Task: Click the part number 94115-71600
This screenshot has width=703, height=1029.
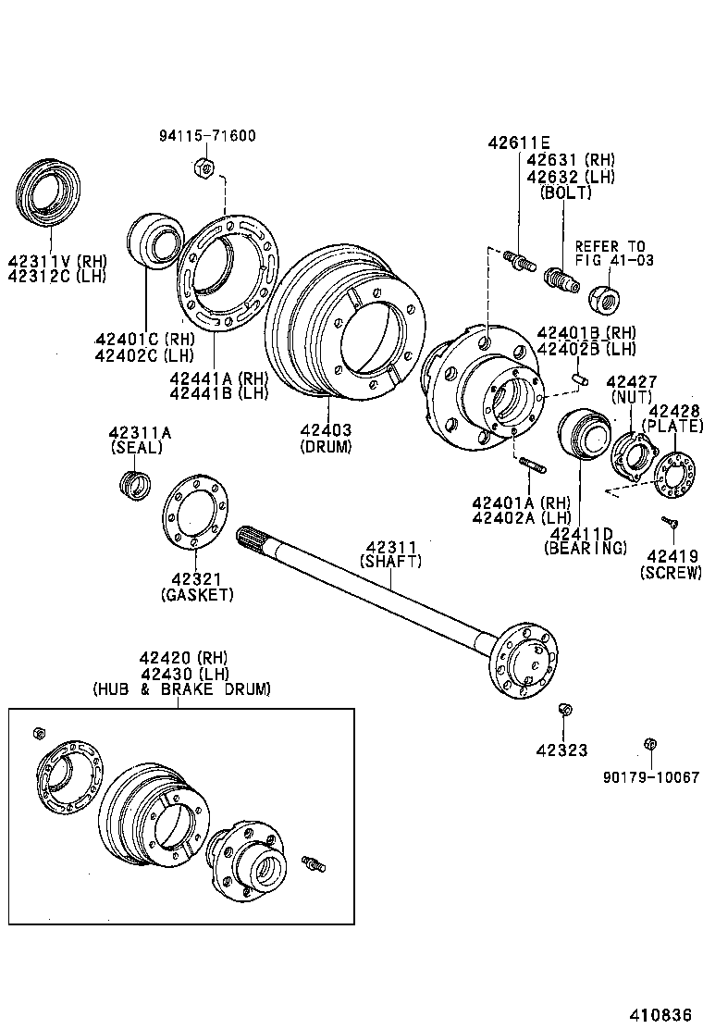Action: (x=207, y=136)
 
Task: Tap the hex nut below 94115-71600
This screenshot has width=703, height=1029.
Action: (x=205, y=167)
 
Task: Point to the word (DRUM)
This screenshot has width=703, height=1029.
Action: (x=326, y=445)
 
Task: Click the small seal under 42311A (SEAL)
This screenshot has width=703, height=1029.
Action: (x=136, y=483)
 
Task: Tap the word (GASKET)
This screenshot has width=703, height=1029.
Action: (x=197, y=593)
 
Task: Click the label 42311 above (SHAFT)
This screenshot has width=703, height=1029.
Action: (x=390, y=547)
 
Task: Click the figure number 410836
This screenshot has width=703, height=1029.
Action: (x=661, y=1011)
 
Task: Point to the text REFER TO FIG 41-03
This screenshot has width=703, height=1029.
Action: (x=612, y=254)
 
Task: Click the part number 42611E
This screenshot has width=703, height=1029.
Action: (x=519, y=143)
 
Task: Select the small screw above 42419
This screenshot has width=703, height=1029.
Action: (x=670, y=523)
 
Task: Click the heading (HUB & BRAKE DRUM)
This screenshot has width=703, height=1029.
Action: (x=181, y=688)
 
